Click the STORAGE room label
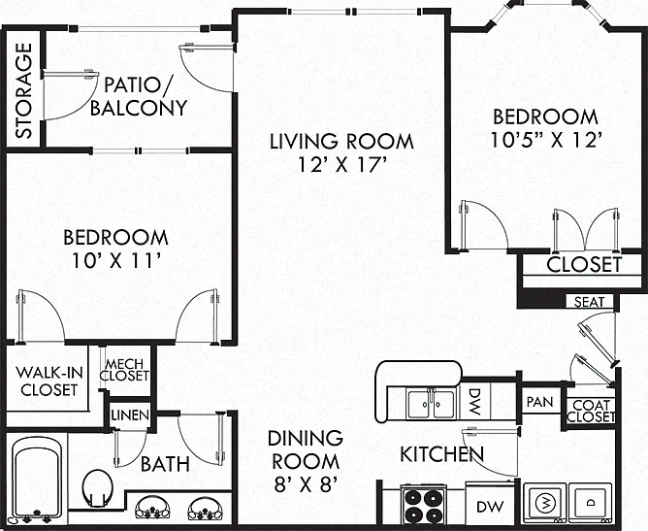point(23,90)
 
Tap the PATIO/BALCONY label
point(139,96)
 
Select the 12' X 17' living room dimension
point(341,165)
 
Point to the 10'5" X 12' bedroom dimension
point(545,140)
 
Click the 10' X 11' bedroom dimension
point(116,260)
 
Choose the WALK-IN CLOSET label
point(49,381)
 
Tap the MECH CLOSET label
point(124,370)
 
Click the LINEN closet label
point(130,415)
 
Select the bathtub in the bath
point(37,480)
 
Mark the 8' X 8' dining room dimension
point(306,484)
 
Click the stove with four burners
point(423,505)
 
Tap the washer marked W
point(545,503)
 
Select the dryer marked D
point(590,503)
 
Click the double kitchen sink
point(432,404)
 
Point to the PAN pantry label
point(539,402)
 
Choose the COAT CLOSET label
point(591,411)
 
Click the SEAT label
point(589,302)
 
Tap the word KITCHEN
point(441,454)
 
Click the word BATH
point(165,464)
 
